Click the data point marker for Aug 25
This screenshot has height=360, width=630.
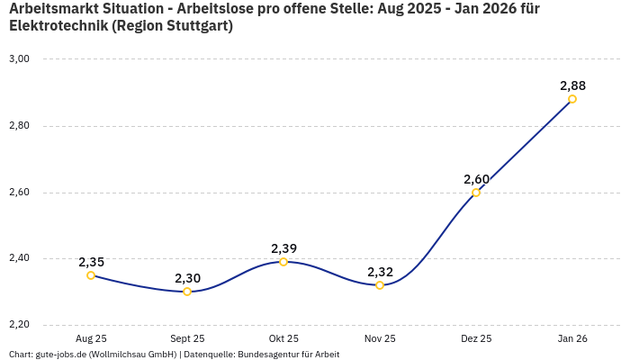point(91,275)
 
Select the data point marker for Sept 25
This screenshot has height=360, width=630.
point(187,292)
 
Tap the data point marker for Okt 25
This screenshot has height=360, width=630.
point(283,262)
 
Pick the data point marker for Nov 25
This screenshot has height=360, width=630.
point(380,285)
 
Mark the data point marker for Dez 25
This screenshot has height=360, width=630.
point(476,193)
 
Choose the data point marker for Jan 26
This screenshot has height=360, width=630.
point(572,99)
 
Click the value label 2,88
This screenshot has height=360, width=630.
point(572,85)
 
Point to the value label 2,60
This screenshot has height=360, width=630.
point(476,179)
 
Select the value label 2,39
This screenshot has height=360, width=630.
point(283,248)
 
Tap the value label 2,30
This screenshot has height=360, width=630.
point(187,278)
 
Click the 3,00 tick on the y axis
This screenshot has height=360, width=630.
point(19,59)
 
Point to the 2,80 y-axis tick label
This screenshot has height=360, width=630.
point(19,126)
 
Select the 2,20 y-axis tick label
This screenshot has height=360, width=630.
point(19,325)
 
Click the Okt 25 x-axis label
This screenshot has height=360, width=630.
point(283,338)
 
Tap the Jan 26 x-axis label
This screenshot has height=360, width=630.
point(572,338)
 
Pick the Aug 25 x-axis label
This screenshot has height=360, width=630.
point(91,338)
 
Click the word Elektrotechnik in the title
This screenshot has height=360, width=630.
point(58,25)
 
